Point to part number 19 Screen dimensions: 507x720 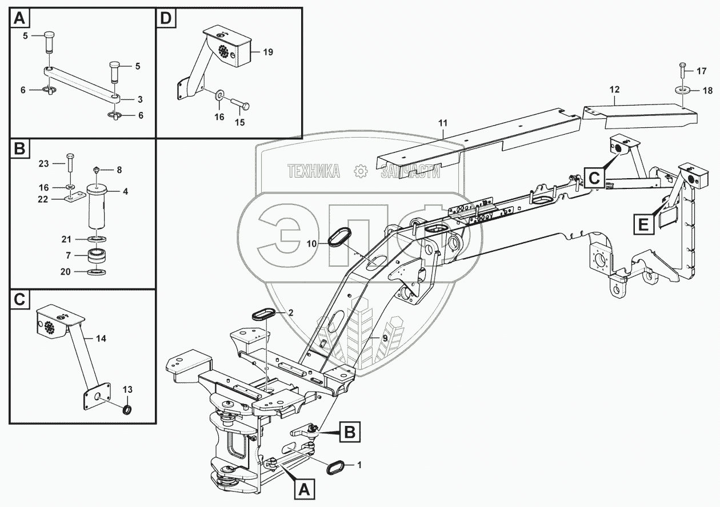268,52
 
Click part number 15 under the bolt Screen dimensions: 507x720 240,123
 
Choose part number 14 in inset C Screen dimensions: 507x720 101,339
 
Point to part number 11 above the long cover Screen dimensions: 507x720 443,123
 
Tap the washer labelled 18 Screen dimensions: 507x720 682,90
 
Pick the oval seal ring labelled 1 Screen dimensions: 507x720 333,465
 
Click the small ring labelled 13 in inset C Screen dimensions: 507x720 129,408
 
